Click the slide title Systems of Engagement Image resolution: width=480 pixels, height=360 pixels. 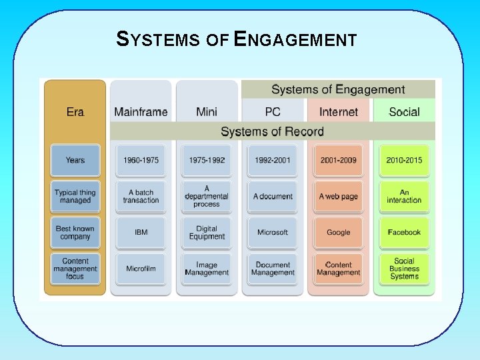[237, 39]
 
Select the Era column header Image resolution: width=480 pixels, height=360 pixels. [75, 111]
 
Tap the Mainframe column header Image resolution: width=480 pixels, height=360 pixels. [141, 111]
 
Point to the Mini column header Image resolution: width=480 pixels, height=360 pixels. [207, 111]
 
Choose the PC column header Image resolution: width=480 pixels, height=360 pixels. [273, 111]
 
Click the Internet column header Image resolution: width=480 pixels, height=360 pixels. [339, 111]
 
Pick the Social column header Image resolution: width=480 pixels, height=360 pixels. [404, 111]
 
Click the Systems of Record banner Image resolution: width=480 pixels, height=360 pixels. [272, 131]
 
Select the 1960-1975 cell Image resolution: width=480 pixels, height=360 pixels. [141, 160]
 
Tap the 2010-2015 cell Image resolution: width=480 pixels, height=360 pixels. [404, 160]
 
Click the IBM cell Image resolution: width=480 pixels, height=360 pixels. [141, 232]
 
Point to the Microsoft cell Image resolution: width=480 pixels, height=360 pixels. [273, 232]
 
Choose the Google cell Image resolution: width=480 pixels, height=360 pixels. [339, 232]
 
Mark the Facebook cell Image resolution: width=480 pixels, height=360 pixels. [404, 232]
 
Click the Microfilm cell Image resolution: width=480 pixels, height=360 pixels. [141, 269]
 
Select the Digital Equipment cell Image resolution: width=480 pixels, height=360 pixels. [207, 232]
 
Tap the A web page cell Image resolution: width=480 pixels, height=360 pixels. [339, 197]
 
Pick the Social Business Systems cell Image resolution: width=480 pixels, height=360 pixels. [404, 269]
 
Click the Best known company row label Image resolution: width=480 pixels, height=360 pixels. [75, 232]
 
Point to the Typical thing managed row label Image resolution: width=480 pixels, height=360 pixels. [75, 197]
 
